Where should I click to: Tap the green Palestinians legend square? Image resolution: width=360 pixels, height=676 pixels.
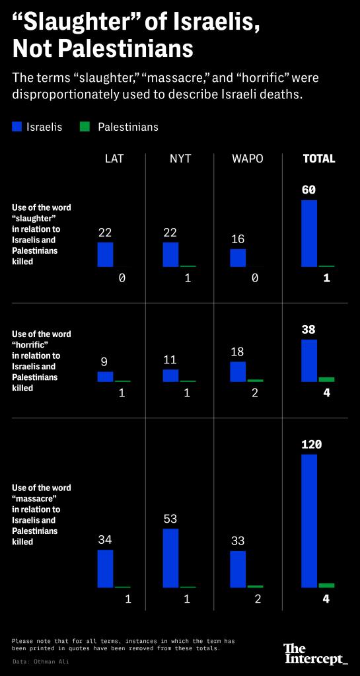coord(85,126)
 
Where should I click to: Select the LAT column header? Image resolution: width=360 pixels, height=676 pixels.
coord(114,159)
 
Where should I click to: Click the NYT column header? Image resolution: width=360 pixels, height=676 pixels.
coord(180,159)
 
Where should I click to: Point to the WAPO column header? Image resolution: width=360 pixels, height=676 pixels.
coord(248,159)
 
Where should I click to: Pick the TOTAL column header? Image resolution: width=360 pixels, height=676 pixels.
coord(318,159)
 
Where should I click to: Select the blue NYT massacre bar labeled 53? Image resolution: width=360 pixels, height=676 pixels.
coord(170,558)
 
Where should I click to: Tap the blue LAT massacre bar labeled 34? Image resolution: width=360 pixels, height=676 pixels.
coord(105,568)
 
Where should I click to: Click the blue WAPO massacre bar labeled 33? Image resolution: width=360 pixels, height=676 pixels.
coord(238,569)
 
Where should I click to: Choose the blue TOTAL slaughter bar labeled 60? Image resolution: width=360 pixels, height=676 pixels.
coord(309,233)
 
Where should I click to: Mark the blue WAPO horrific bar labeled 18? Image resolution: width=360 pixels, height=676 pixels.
coord(238,371)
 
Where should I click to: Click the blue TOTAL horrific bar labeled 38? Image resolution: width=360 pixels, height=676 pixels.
coord(309,361)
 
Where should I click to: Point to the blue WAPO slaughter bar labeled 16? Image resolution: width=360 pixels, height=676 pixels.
coord(238,258)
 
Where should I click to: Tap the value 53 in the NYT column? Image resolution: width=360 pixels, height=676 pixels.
coord(170,519)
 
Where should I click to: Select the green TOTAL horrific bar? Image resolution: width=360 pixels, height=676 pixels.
coord(326,379)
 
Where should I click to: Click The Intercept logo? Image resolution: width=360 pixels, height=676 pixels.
coord(315,654)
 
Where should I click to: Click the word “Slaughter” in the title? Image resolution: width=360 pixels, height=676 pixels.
coord(66,25)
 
